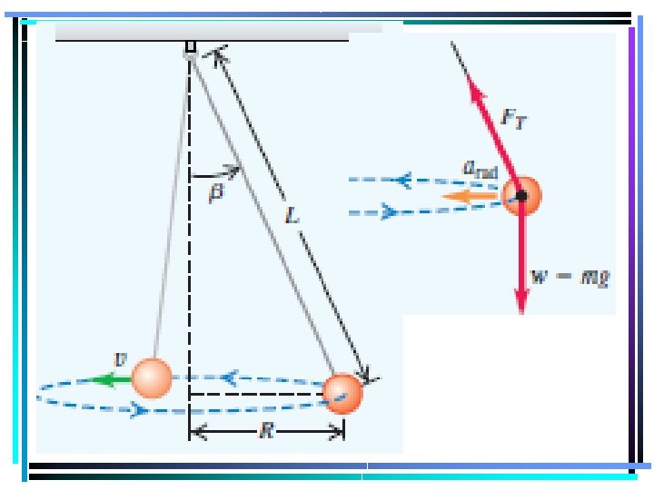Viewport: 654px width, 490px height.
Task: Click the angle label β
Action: (x=216, y=193)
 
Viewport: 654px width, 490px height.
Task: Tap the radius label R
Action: (x=266, y=432)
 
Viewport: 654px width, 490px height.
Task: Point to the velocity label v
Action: (x=117, y=359)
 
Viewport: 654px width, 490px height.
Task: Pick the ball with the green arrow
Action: (x=151, y=377)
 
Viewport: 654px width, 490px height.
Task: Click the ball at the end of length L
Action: (x=343, y=393)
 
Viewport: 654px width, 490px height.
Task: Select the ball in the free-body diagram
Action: (x=522, y=195)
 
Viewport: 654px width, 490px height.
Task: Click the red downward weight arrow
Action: (x=522, y=263)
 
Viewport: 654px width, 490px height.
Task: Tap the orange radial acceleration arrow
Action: (x=469, y=194)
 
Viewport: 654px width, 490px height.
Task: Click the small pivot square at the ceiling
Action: (x=190, y=46)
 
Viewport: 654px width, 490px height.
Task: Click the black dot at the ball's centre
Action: (x=522, y=195)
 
